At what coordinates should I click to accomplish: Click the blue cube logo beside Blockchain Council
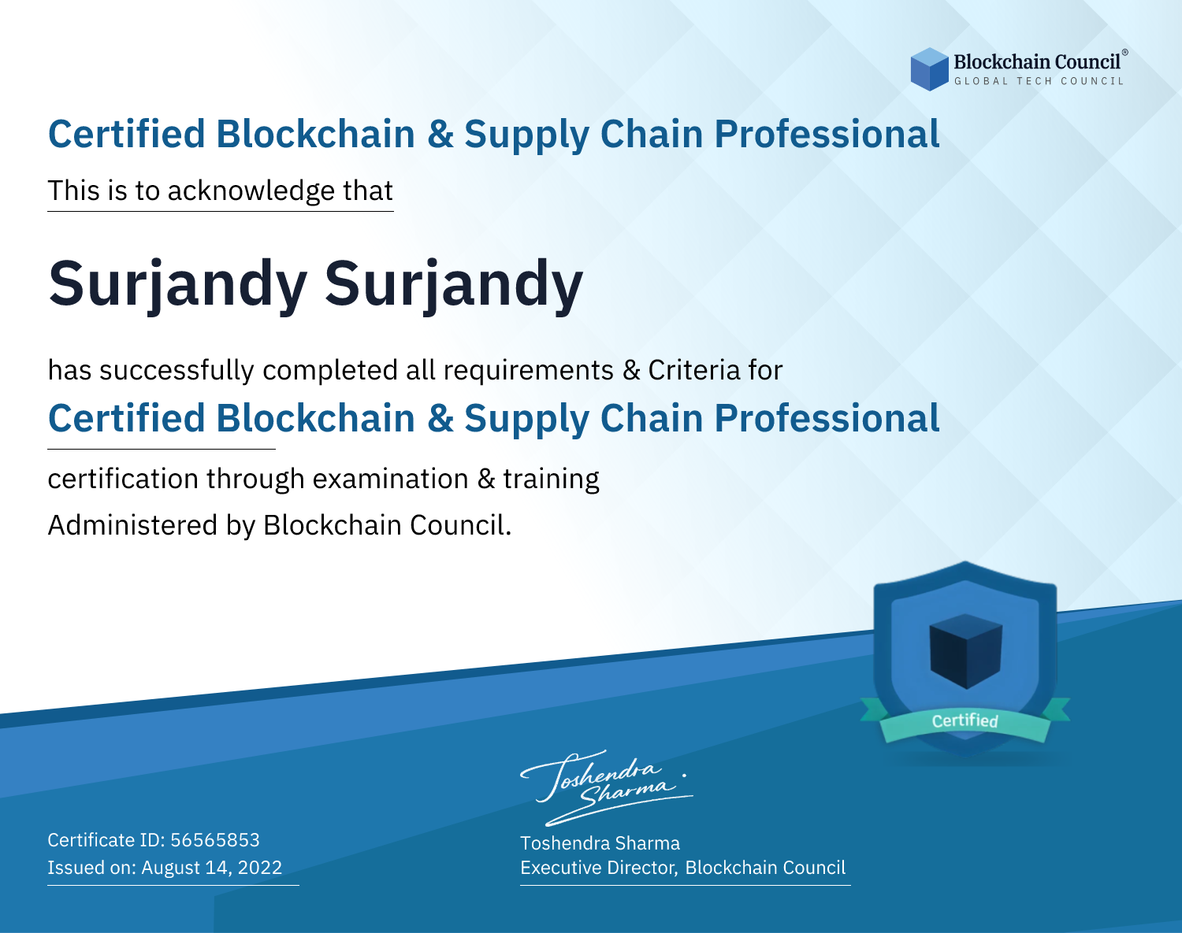(929, 69)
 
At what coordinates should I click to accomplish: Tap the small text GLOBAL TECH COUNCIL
(1039, 81)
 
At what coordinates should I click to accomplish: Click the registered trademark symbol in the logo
(1124, 53)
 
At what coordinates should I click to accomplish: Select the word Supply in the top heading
(526, 135)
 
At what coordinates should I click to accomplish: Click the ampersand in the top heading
(440, 134)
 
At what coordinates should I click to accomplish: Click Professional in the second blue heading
(827, 418)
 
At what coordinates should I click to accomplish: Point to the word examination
(390, 479)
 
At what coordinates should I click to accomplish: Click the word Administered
(132, 525)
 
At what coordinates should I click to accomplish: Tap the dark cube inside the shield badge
(965, 651)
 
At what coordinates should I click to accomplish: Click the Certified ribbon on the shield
(965, 721)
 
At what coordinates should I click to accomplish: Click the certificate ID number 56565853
(215, 840)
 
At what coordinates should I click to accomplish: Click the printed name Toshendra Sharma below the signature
(600, 843)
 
